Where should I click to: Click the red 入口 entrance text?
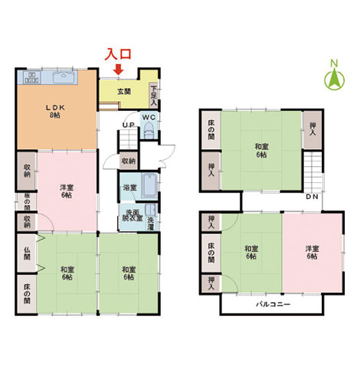pos(118,54)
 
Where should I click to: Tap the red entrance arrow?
pos(118,69)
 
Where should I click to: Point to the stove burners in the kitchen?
pos(32,77)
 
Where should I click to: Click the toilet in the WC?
pos(149,130)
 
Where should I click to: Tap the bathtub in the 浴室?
pos(149,186)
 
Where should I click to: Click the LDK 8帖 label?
pos(55,111)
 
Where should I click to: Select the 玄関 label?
pos(124,92)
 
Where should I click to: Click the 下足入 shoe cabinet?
pos(153,96)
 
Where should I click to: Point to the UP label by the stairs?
pos(129,125)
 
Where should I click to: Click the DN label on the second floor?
pos(312,197)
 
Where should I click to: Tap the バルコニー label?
pos(273,305)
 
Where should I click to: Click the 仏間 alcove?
pos(27,253)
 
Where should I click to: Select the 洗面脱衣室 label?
pos(133,215)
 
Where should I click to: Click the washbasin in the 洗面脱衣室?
pos(151,210)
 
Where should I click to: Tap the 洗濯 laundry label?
pos(151,223)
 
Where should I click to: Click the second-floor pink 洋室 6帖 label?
pos(312,253)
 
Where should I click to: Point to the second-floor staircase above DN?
pos(313,171)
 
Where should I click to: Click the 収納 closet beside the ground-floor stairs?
pos(129,161)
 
